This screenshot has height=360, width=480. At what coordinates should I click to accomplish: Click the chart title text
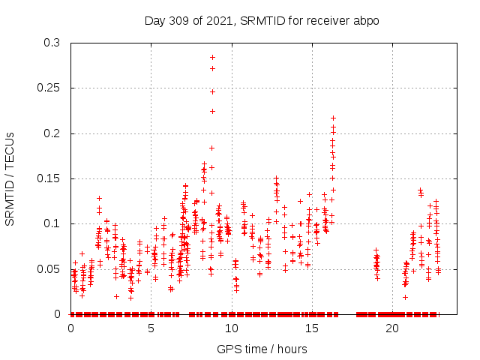click(x=262, y=20)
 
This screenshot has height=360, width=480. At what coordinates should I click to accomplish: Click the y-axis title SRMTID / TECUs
click(x=10, y=178)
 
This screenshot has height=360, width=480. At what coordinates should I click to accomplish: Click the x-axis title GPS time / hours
click(x=262, y=349)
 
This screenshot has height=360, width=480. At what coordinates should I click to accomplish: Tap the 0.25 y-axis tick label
click(x=51, y=88)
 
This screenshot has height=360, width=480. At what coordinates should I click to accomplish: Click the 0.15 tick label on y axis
click(x=51, y=178)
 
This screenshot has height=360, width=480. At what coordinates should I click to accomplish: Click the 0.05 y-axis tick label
click(x=51, y=268)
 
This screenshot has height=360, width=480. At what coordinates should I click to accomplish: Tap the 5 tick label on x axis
click(x=151, y=328)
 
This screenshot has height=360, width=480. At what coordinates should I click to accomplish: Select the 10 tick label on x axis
click(x=232, y=328)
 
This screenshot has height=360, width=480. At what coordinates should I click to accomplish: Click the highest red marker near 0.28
click(x=212, y=57)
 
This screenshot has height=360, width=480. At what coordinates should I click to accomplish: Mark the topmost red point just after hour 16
click(x=333, y=118)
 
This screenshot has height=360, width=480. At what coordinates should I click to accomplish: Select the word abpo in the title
click(x=366, y=20)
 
